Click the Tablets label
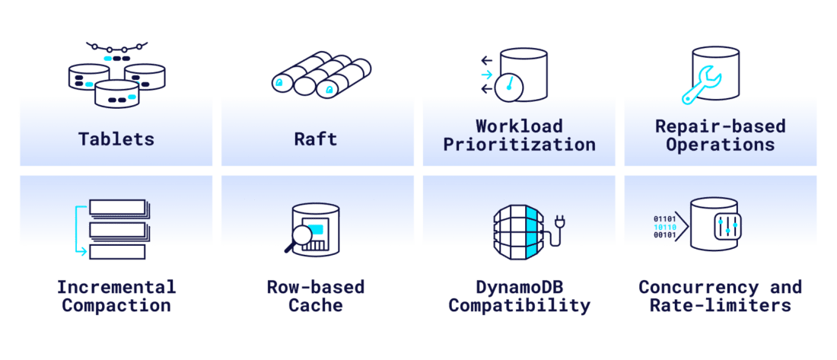tap(116, 139)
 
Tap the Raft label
tap(317, 139)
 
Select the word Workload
tap(519, 125)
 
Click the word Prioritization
tap(519, 144)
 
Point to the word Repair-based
tap(721, 125)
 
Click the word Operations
tap(721, 144)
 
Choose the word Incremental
tap(116, 287)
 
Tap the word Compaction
tap(116, 306)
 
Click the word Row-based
tap(316, 287)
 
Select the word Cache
tap(316, 306)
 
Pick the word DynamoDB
tap(519, 287)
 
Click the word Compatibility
tap(519, 306)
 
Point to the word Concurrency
tap(698, 287)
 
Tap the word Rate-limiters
tap(721, 306)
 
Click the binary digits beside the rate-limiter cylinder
tap(664, 227)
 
